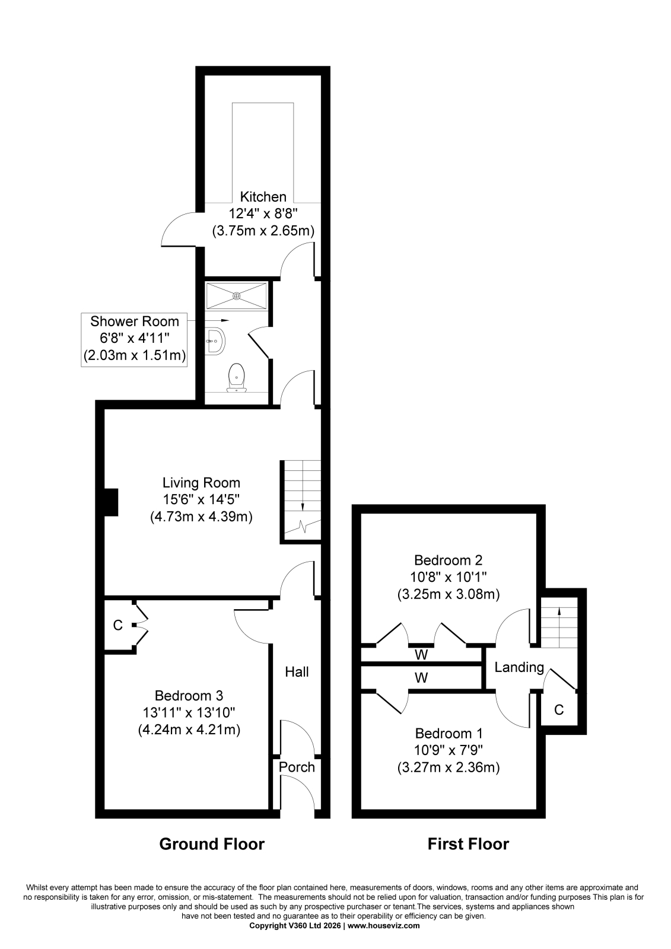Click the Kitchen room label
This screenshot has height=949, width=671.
coord(263,196)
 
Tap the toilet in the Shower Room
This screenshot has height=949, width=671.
coord(236,377)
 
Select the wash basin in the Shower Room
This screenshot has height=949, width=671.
coord(215,340)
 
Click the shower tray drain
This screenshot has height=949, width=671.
coord(237,296)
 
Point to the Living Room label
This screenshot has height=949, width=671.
coord(201,483)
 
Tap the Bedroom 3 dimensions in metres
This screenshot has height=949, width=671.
coord(189,730)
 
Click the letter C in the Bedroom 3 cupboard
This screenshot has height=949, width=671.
coord(118,625)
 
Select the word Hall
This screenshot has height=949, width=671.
coord(297,671)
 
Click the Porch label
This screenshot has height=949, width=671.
coord(297,768)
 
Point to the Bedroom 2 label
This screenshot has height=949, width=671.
coord(448,560)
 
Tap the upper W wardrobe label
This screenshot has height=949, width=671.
coord(421,655)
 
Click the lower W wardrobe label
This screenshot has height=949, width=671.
coord(421,678)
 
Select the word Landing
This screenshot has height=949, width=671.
coord(519,668)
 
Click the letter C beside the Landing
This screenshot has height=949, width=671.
coord(559,709)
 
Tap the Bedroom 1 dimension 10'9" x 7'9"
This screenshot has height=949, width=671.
coord(449,750)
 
